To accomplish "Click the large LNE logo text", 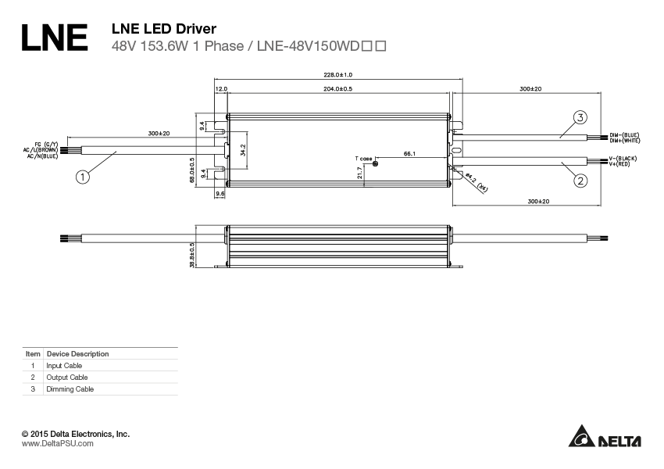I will (54, 37).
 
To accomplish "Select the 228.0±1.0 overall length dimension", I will (338, 75).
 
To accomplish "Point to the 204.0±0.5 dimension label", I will (337, 89).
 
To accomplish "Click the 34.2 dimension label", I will (243, 149).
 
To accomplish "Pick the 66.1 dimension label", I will (409, 154).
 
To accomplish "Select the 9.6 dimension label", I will (220, 193).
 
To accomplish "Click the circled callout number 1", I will (83, 177).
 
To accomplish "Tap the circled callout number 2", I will (580, 181).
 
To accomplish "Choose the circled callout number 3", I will (580, 118).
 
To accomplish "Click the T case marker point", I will (376, 162).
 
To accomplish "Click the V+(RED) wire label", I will (622, 164).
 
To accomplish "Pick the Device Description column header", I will (77, 354).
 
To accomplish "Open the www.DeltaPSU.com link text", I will (57, 443).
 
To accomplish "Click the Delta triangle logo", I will (581, 437).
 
